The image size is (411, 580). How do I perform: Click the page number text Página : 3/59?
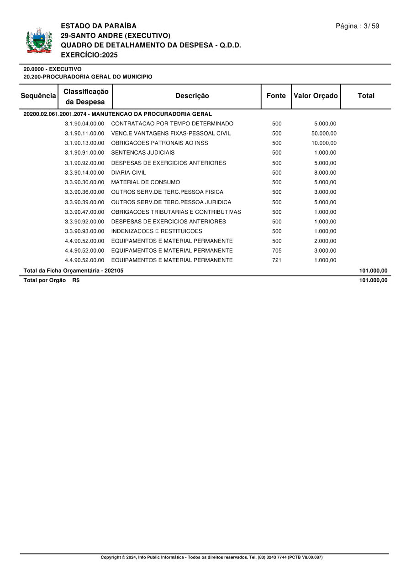click(357, 26)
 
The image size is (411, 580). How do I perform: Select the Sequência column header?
click(38, 96)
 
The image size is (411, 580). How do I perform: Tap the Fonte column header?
click(276, 96)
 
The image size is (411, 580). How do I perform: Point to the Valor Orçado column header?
click(316, 96)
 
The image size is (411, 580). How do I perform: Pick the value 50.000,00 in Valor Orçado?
click(324, 134)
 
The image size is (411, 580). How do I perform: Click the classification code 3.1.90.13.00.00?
click(84, 143)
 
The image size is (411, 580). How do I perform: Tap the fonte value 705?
click(277, 251)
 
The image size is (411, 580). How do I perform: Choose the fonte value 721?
click(277, 260)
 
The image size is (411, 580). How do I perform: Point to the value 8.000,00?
click(325, 173)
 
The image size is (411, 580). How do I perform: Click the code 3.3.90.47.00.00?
click(84, 212)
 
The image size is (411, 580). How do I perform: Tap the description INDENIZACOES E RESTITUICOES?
click(157, 231)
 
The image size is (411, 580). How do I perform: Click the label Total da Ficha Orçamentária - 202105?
click(74, 270)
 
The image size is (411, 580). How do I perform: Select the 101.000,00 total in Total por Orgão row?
click(373, 280)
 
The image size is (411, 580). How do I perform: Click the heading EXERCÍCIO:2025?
click(89, 55)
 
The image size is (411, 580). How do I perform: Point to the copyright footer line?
click(211, 557)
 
